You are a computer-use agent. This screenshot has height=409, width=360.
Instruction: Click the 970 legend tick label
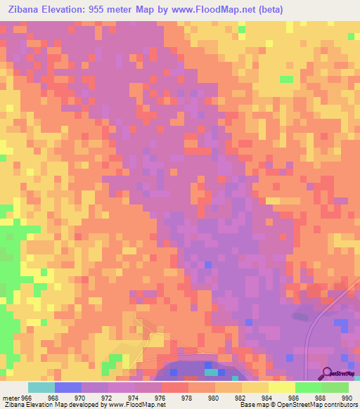[x=82, y=397]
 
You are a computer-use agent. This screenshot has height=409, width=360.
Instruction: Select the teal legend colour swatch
[x=41, y=387]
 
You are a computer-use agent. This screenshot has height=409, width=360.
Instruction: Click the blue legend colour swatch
[x=68, y=387]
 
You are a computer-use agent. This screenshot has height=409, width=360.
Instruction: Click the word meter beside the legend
[x=10, y=397]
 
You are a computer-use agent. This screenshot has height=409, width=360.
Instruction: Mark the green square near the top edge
[x=242, y=30]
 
